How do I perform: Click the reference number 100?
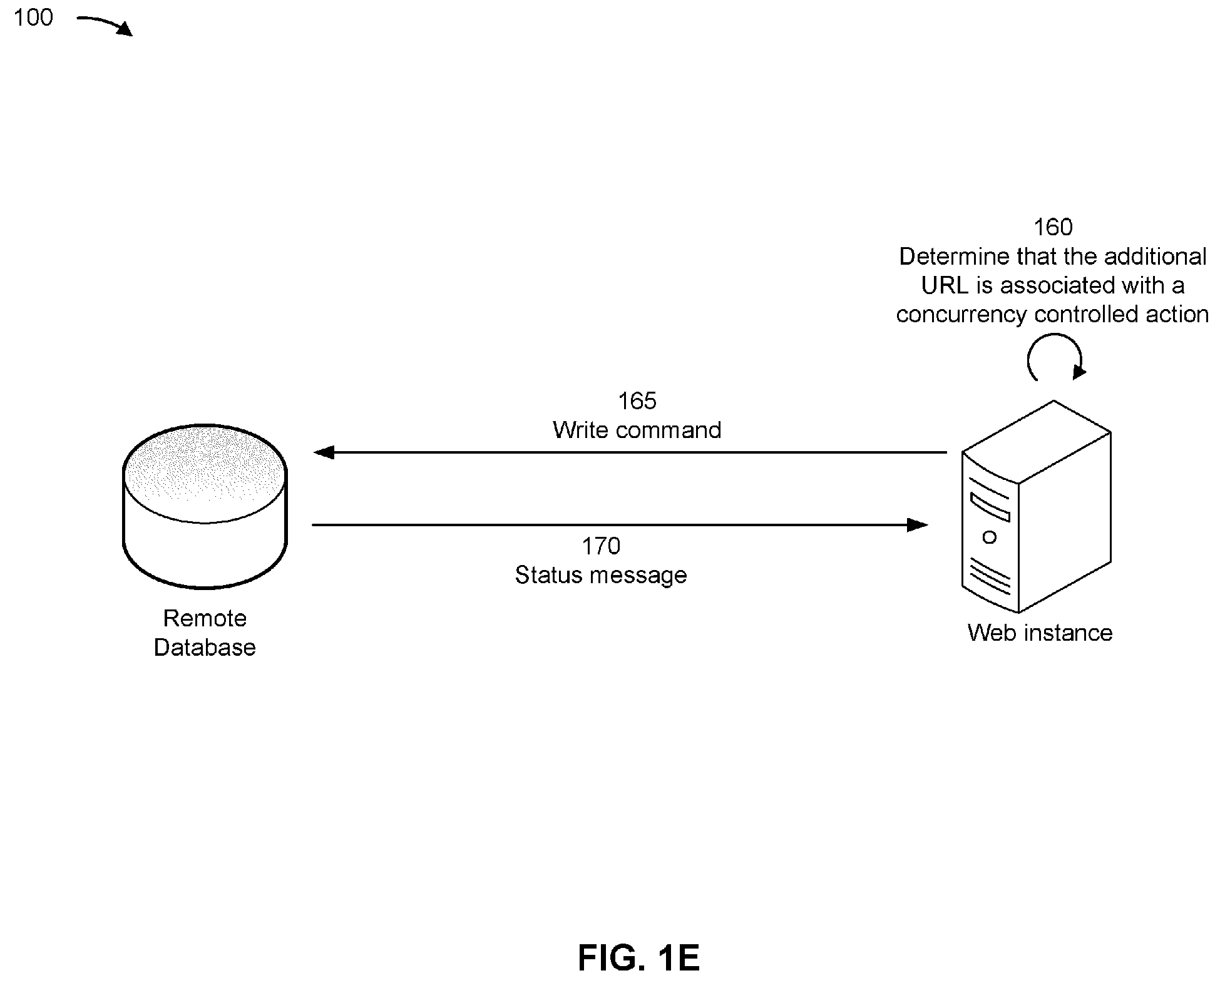coord(34,18)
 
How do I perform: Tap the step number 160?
coord(1053,227)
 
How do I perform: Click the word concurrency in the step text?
coord(961,314)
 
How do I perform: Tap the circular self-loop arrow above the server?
coord(1055,355)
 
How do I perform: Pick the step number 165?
coord(637,401)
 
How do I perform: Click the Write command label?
coord(637,430)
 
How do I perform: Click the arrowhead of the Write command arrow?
coord(323,452)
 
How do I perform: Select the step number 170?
coord(601,546)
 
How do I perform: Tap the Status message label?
coord(601,575)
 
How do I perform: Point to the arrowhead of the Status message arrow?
coord(918,524)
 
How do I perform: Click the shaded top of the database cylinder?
coord(205,473)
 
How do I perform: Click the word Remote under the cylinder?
coord(205,618)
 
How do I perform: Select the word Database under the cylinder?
coord(205,647)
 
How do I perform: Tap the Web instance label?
coord(1040,633)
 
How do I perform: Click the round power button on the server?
coord(990,537)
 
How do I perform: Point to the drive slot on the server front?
coord(990,507)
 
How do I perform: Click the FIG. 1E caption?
coord(638,958)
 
